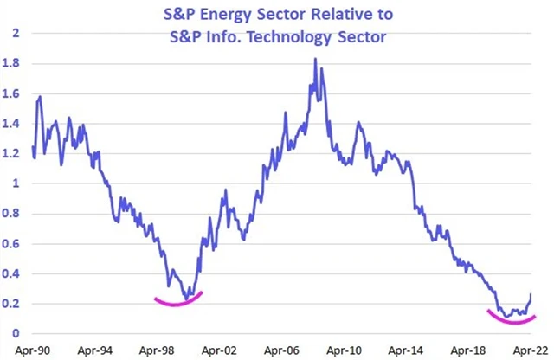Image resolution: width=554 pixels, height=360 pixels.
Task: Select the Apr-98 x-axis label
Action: (x=157, y=351)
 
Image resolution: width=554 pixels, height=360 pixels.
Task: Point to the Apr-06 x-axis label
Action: (x=282, y=351)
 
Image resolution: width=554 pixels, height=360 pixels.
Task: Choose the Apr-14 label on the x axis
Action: (x=408, y=351)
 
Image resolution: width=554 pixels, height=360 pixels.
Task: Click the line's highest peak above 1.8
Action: (x=315, y=60)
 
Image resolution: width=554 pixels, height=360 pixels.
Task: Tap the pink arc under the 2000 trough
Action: (x=178, y=302)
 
